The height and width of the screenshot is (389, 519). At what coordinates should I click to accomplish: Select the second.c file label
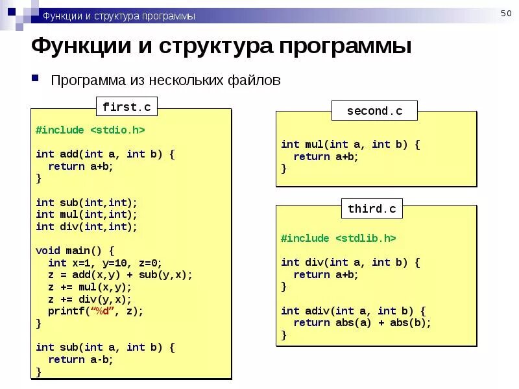pyautogui.click(x=374, y=111)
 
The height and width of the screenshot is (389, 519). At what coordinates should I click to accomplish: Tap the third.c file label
pyautogui.click(x=372, y=209)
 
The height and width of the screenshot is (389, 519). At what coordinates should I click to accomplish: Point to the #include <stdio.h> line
pyautogui.click(x=90, y=130)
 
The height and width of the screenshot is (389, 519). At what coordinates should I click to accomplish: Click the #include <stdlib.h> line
pyautogui.click(x=338, y=238)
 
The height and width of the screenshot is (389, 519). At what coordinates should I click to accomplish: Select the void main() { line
pyautogui.click(x=75, y=250)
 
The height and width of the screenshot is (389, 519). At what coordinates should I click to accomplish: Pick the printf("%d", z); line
pyautogui.click(x=95, y=311)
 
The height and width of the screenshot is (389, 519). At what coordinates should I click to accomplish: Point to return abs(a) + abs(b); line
pyautogui.click(x=362, y=323)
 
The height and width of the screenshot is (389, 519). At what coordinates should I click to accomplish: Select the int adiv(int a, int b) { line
pyautogui.click(x=353, y=311)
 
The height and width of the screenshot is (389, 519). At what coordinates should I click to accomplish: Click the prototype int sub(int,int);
pyautogui.click(x=86, y=202)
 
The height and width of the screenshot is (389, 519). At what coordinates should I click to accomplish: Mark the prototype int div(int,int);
pyautogui.click(x=86, y=226)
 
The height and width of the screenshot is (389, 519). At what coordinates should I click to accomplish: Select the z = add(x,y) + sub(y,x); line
pyautogui.click(x=120, y=274)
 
